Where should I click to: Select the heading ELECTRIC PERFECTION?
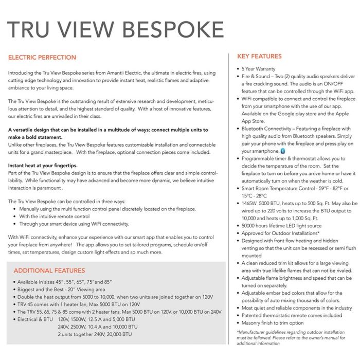(x=42, y=58)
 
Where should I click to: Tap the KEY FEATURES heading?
(x=259, y=56)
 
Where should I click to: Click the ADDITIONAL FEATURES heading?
(x=49, y=271)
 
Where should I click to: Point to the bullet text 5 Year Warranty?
(x=258, y=68)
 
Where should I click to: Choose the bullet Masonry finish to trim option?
(x=272, y=322)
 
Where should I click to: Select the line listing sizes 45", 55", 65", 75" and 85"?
(x=64, y=282)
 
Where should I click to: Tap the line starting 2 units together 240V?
(x=95, y=334)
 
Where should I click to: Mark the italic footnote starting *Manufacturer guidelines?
(x=290, y=337)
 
